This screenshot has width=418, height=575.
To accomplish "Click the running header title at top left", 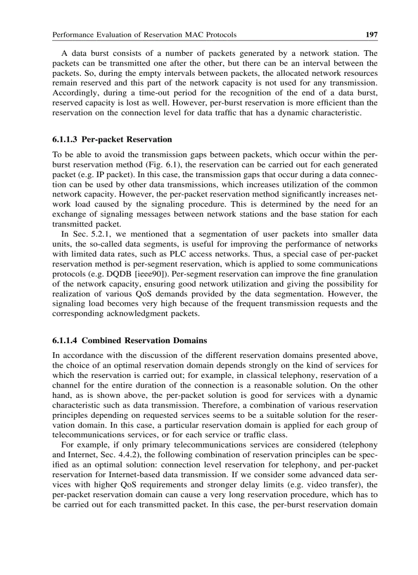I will coord(144,35).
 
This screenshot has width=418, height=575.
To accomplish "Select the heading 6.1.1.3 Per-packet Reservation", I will coord(112,139).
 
